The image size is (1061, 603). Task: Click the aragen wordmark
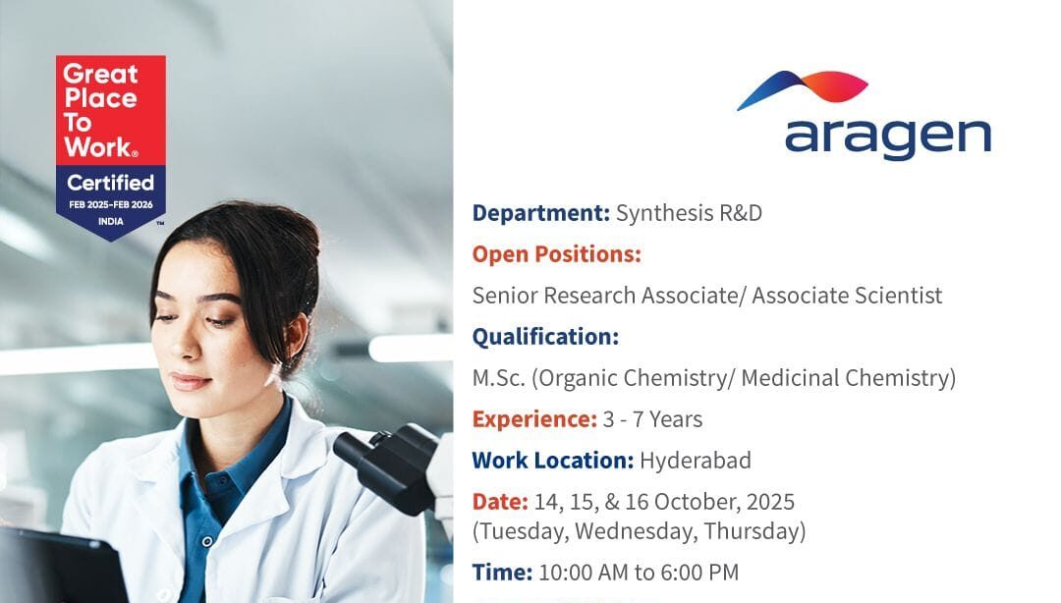(887, 137)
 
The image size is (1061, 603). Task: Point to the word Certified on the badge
(110, 183)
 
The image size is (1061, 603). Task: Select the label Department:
(540, 213)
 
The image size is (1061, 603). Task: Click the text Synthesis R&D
(689, 213)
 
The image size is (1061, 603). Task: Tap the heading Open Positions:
(556, 254)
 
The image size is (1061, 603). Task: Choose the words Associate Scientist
(847, 296)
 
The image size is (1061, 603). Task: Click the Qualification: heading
(545, 337)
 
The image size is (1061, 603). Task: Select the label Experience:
(534, 419)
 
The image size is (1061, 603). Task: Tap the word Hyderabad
(696, 461)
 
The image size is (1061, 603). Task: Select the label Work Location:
(552, 461)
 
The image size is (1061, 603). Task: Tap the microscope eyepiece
(368, 455)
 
